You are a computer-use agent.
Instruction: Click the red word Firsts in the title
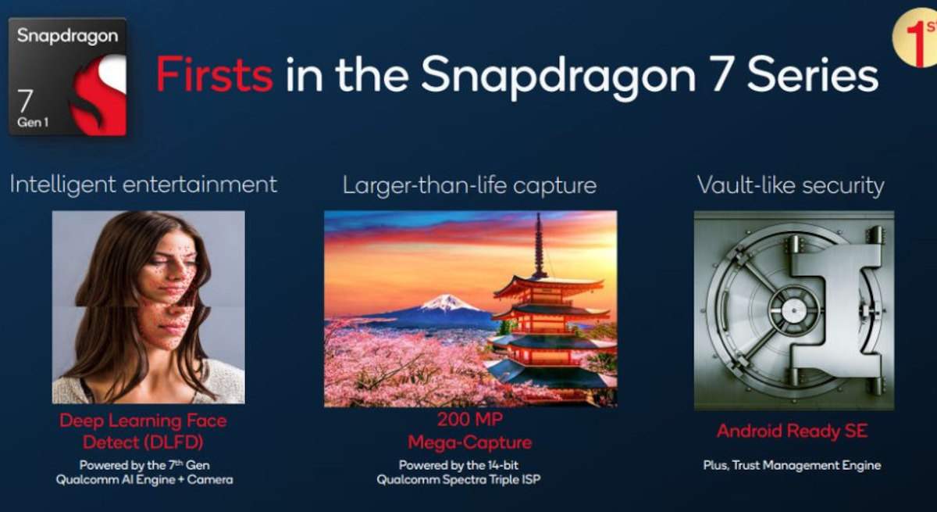(215, 74)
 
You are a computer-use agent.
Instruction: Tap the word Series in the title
(812, 75)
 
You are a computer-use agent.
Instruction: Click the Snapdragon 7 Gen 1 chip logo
(67, 77)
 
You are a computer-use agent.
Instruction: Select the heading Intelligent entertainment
(144, 184)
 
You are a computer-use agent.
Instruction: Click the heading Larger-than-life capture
(469, 185)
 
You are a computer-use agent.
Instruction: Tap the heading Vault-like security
(790, 185)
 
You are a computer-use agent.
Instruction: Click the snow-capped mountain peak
(447, 302)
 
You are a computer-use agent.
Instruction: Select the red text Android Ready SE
(793, 431)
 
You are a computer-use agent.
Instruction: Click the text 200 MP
(470, 419)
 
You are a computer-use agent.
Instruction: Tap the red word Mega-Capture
(470, 442)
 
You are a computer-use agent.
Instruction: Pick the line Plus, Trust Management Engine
(793, 466)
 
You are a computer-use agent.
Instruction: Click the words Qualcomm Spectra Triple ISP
(458, 479)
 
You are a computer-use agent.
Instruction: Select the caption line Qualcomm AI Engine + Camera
(144, 479)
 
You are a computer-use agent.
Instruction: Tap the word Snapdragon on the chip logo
(67, 37)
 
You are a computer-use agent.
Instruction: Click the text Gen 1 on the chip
(33, 123)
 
